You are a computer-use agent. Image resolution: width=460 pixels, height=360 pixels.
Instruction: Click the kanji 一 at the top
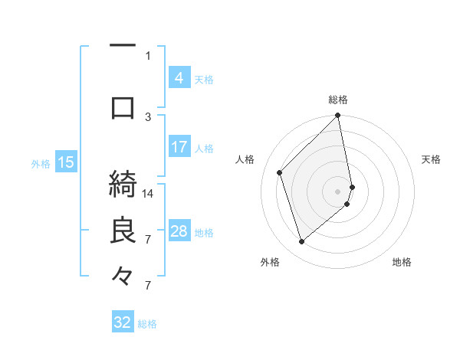click(123, 46)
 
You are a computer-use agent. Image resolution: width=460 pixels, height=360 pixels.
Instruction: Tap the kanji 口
click(123, 108)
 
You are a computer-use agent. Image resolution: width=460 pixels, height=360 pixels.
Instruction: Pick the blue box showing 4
click(179, 77)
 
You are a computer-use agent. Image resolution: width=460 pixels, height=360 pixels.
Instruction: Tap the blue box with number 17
click(179, 147)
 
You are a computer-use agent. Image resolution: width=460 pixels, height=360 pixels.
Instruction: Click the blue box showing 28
click(179, 231)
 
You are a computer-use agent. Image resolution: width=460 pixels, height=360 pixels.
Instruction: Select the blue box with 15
click(66, 162)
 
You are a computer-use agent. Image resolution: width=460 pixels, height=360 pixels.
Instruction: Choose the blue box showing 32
click(123, 322)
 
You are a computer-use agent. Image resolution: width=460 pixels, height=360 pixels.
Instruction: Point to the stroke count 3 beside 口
click(148, 116)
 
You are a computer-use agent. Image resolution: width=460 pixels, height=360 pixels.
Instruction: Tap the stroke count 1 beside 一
click(148, 55)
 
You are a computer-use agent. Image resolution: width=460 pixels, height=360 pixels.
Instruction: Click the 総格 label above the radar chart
click(337, 100)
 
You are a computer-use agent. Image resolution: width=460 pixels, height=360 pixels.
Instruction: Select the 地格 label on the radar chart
click(402, 262)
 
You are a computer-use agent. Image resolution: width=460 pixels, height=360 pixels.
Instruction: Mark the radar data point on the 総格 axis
click(337, 116)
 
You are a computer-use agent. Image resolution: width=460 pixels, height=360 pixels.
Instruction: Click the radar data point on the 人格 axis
click(280, 172)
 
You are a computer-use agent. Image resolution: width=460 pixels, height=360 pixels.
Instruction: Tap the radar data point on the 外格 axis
click(302, 242)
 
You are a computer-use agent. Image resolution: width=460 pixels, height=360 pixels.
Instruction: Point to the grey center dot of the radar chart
click(337, 191)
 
